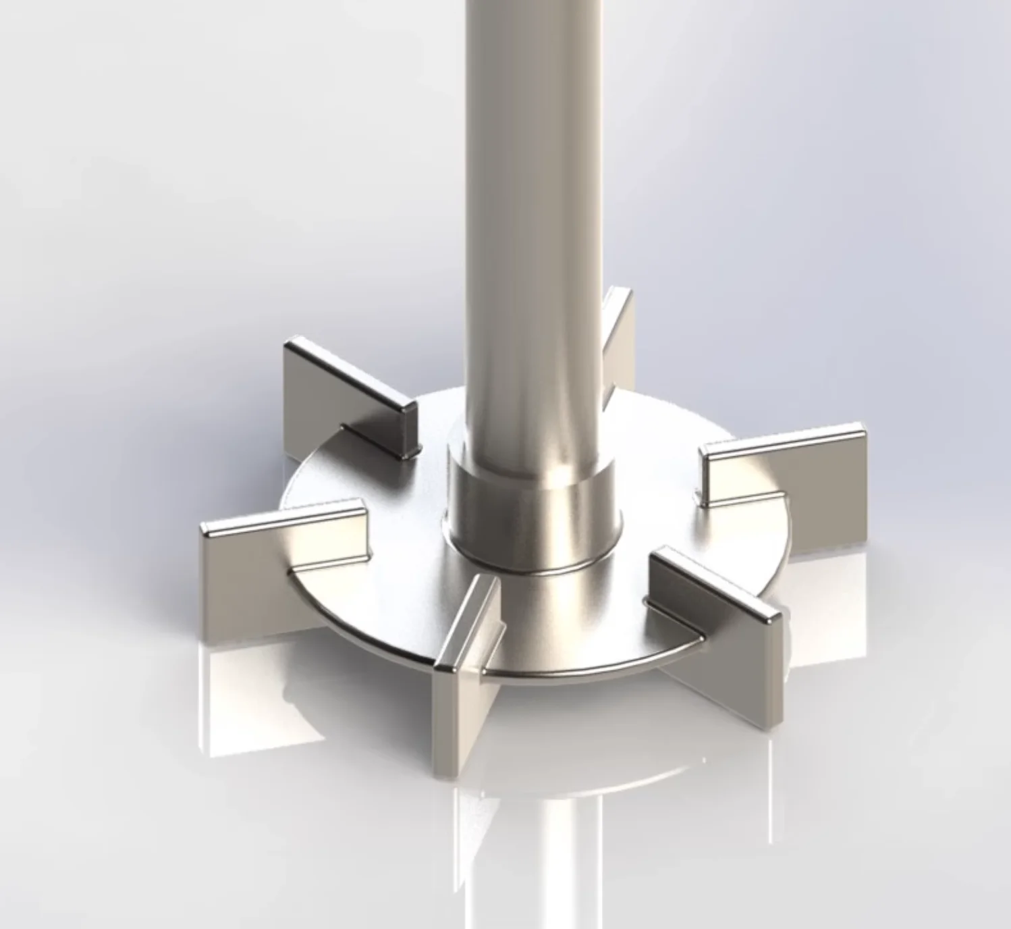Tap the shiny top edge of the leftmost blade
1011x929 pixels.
[x=283, y=516]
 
